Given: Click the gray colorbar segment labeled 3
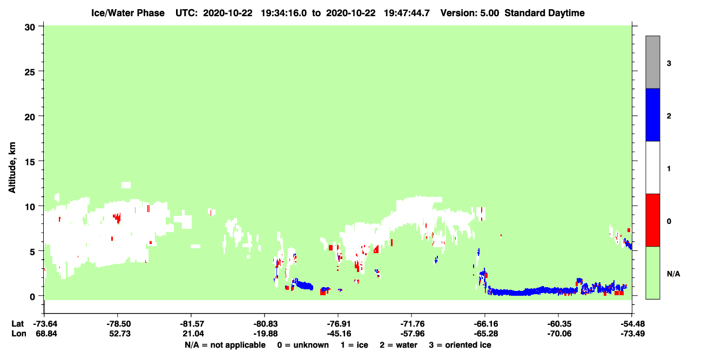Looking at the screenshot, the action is [x=652, y=62].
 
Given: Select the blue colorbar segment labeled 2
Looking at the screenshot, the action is [x=652, y=114].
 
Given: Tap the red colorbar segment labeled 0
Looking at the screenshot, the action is [x=652, y=220].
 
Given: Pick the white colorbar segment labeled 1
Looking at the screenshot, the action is [x=652, y=167].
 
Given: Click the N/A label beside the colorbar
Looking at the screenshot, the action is [x=673, y=274].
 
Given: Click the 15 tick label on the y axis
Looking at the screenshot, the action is [x=30, y=162].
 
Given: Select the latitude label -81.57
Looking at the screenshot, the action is [x=192, y=324].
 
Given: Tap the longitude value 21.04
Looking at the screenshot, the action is [x=193, y=334].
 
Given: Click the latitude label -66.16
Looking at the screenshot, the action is [x=485, y=324].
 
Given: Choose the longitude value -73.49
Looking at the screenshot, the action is [x=632, y=334].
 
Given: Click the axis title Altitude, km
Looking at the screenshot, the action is [x=12, y=167].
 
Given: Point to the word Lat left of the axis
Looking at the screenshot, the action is [x=17, y=324].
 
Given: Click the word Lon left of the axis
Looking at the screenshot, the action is [x=19, y=334].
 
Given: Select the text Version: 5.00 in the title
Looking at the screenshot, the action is [x=469, y=13].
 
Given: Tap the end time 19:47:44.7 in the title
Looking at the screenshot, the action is [x=407, y=13].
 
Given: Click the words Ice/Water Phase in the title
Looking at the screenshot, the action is [x=128, y=13].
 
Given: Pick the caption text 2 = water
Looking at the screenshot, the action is [x=399, y=345].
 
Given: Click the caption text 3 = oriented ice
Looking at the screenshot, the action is [x=460, y=345].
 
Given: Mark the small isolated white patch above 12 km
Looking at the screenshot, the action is [x=126, y=185].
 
